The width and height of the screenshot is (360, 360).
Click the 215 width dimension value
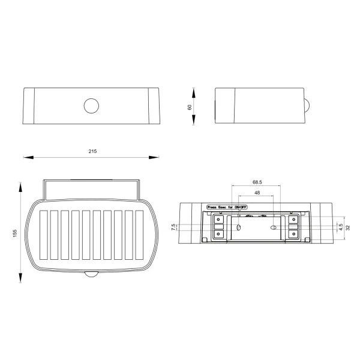pyautogui.click(x=92, y=151)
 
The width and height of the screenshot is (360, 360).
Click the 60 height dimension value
pyautogui.click(x=190, y=107)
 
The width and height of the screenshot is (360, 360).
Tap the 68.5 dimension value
pyautogui.click(x=257, y=182)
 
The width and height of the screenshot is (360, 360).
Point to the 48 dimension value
pyautogui.click(x=257, y=193)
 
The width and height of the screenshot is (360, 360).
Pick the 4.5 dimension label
pyautogui.click(x=340, y=227)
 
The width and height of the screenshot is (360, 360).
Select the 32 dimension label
pyautogui.click(x=348, y=227)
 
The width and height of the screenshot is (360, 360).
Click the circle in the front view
pyautogui.click(x=92, y=106)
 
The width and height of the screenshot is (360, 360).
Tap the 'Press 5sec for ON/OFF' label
pyautogui.click(x=227, y=206)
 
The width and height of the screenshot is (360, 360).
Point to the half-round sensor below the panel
pyautogui.click(x=92, y=275)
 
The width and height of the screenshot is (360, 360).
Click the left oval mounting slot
pyautogui.click(x=238, y=227)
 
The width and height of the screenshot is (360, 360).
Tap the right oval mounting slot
pyautogui.click(x=275, y=227)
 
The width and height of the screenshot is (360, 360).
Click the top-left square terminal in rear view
pyautogui.click(x=219, y=219)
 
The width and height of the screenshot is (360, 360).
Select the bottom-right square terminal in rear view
pyautogui.click(x=294, y=235)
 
